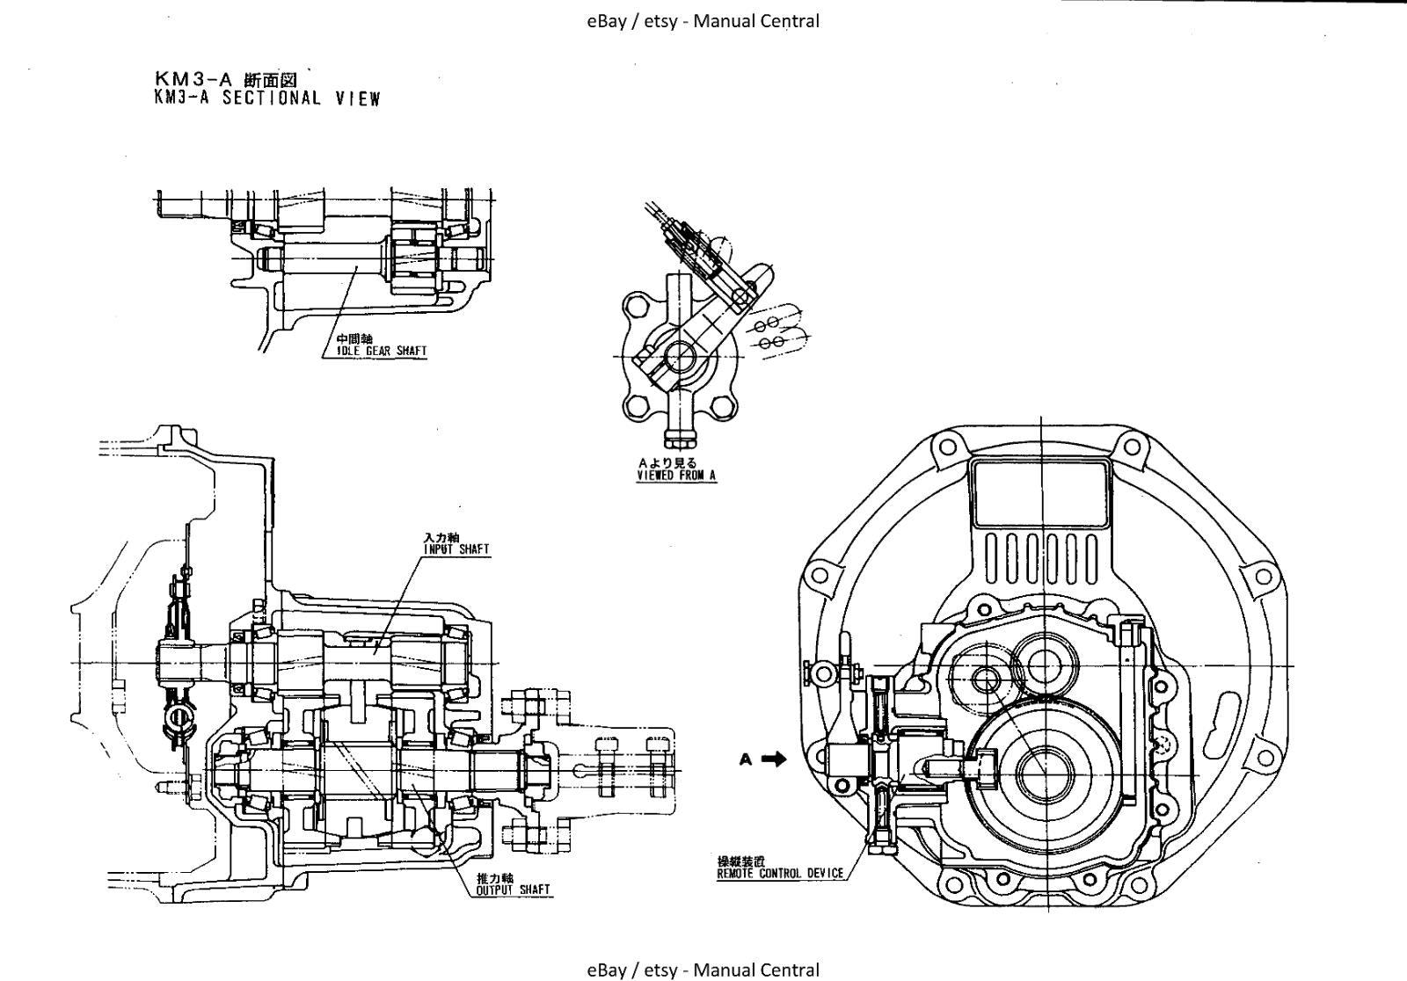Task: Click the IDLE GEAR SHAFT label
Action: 382,351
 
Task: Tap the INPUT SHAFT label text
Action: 456,549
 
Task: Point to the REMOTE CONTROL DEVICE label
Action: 780,874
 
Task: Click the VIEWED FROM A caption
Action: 676,476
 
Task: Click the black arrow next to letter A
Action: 774,759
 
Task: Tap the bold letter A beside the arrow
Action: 746,759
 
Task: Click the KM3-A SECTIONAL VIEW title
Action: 266,98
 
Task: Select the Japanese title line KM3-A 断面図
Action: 226,81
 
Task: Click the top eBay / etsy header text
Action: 703,21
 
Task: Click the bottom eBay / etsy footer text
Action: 703,970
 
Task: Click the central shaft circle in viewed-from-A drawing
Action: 680,357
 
